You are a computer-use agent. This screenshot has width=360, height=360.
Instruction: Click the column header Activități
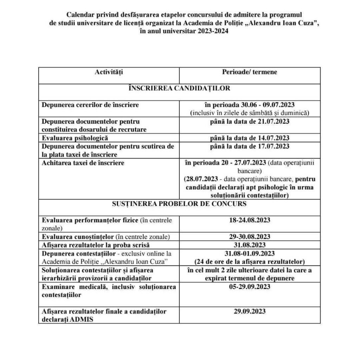pyautogui.click(x=109, y=72)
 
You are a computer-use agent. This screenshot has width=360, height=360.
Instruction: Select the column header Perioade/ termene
pyautogui.click(x=249, y=72)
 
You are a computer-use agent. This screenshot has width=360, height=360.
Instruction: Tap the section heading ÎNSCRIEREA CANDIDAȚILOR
pyautogui.click(x=179, y=88)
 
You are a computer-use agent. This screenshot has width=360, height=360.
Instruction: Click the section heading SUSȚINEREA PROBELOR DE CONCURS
pyautogui.click(x=179, y=204)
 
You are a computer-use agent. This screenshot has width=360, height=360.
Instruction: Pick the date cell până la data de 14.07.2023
pyautogui.click(x=250, y=137)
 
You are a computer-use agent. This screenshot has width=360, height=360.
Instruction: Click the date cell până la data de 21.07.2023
pyautogui.click(x=250, y=121)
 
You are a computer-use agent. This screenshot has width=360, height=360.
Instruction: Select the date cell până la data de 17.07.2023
pyautogui.click(x=250, y=146)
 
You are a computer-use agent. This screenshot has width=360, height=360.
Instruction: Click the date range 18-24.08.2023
pyautogui.click(x=250, y=220)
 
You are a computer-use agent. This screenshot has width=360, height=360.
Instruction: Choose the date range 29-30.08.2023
pyautogui.click(x=250, y=236)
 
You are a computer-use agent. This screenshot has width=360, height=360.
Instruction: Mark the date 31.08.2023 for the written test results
pyautogui.click(x=250, y=245)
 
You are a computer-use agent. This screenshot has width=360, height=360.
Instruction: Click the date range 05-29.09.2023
pyautogui.click(x=250, y=287)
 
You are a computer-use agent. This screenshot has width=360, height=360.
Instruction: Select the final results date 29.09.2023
pyautogui.click(x=250, y=311)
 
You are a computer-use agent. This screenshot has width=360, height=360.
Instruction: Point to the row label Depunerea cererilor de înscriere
pyautogui.click(x=90, y=105)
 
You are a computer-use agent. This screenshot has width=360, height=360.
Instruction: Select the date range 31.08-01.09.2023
pyautogui.click(x=250, y=253)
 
